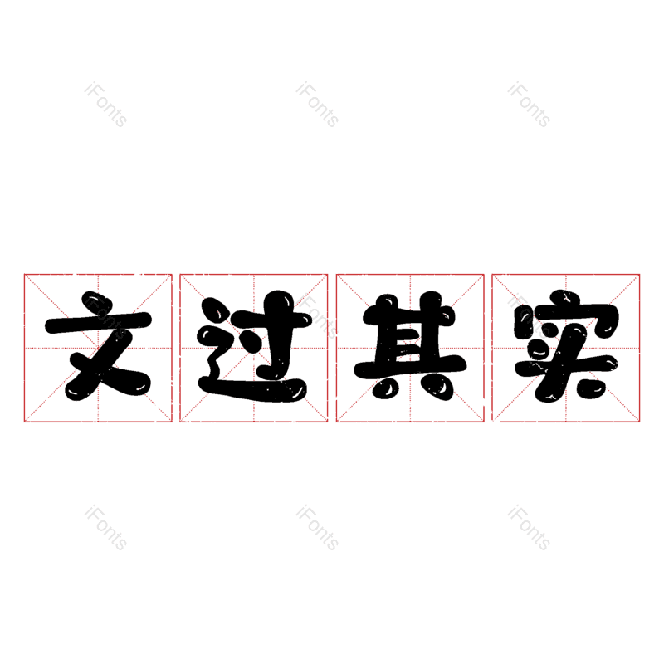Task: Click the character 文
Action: (x=98, y=346)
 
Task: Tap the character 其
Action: (x=410, y=346)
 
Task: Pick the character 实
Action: (x=566, y=346)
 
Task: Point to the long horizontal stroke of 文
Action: (x=98, y=324)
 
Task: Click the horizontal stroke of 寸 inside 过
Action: (x=275, y=319)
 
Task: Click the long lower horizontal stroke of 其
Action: (x=410, y=368)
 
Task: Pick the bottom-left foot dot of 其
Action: (x=385, y=388)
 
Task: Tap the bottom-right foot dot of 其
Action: (x=440, y=388)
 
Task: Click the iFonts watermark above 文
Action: (x=105, y=105)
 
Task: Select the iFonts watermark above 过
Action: (x=317, y=105)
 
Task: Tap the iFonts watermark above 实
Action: (x=529, y=105)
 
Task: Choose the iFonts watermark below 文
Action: (x=105, y=528)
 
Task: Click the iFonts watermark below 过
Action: (x=317, y=528)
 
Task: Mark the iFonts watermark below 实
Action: (x=529, y=528)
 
